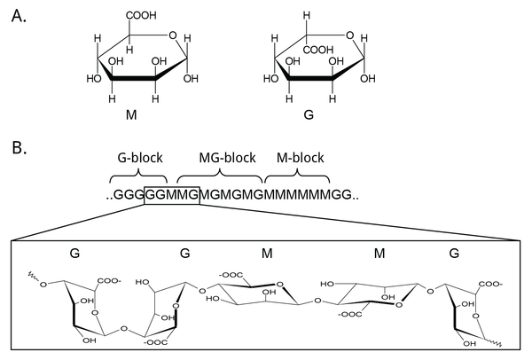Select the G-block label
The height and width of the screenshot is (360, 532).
point(138,158)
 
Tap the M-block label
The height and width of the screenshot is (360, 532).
point(297,158)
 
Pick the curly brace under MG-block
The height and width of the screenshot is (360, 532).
point(218,173)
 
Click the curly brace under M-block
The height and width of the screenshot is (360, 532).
point(297,173)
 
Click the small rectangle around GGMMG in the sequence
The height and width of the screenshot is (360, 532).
point(171,195)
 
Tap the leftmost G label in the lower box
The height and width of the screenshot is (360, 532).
point(75,253)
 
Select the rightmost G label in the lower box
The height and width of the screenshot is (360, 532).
point(454,253)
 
